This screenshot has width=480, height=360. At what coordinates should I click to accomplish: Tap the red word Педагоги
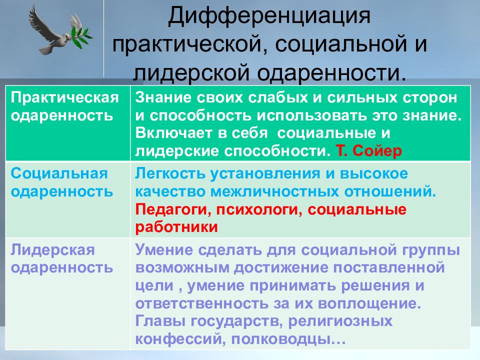pyautogui.click(x=170, y=209)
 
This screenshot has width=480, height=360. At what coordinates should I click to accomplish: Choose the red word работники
pyautogui.click(x=176, y=226)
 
